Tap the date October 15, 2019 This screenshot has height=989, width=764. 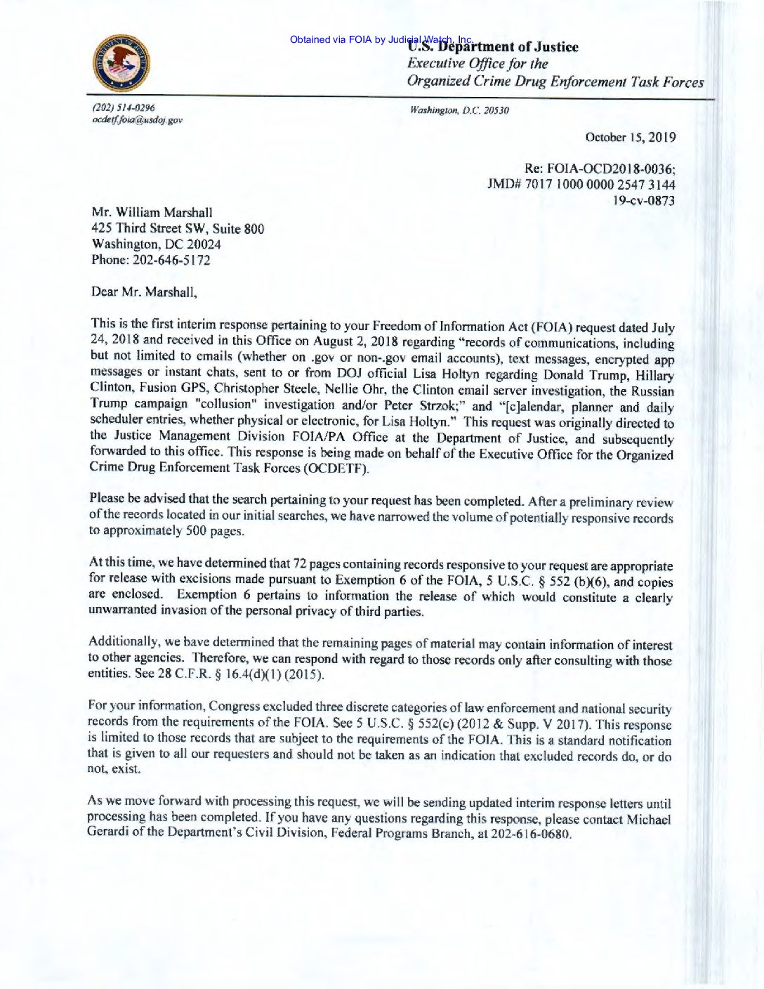pos(631,137)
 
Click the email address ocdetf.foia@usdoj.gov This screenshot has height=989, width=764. pos(137,119)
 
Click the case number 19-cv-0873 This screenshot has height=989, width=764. pos(644,201)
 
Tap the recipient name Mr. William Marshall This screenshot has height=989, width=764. pos(152,212)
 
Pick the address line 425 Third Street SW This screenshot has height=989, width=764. pos(161,228)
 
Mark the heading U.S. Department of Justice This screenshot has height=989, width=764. pos(493,47)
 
